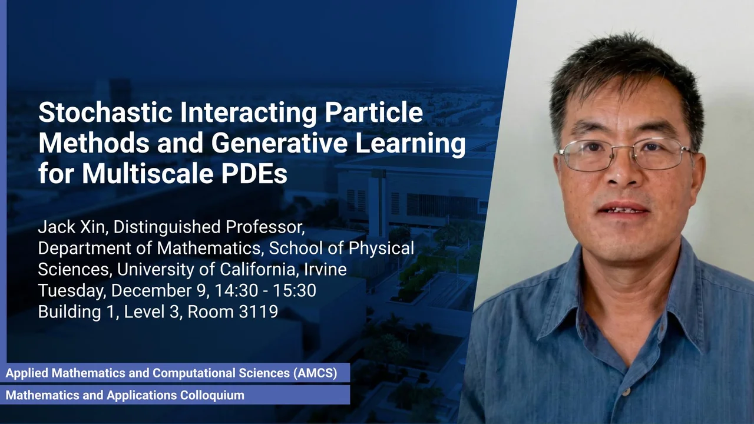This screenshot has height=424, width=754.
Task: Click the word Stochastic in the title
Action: coord(105,112)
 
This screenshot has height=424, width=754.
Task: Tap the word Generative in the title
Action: coord(279,143)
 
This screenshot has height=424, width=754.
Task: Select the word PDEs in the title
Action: coord(254,173)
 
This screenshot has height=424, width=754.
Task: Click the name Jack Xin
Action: coord(72,227)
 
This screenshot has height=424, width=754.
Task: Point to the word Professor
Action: coord(265,227)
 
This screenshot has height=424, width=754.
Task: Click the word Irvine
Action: coord(325,269)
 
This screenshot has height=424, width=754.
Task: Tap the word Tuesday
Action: coord(71,291)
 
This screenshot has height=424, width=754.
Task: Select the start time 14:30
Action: coord(236,290)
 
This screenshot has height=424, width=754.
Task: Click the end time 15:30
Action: coord(295,290)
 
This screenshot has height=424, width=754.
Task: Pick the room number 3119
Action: coord(259,312)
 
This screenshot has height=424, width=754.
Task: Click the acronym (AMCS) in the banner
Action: coord(315,373)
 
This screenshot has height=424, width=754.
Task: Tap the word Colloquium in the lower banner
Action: coord(213,395)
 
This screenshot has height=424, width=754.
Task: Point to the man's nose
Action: coord(621,175)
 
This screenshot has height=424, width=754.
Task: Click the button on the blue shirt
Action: coord(626,392)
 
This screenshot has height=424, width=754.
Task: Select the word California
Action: coord(257,269)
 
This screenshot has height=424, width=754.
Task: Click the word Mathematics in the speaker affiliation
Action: coord(209,248)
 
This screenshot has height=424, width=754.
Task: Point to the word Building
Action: coord(70,312)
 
